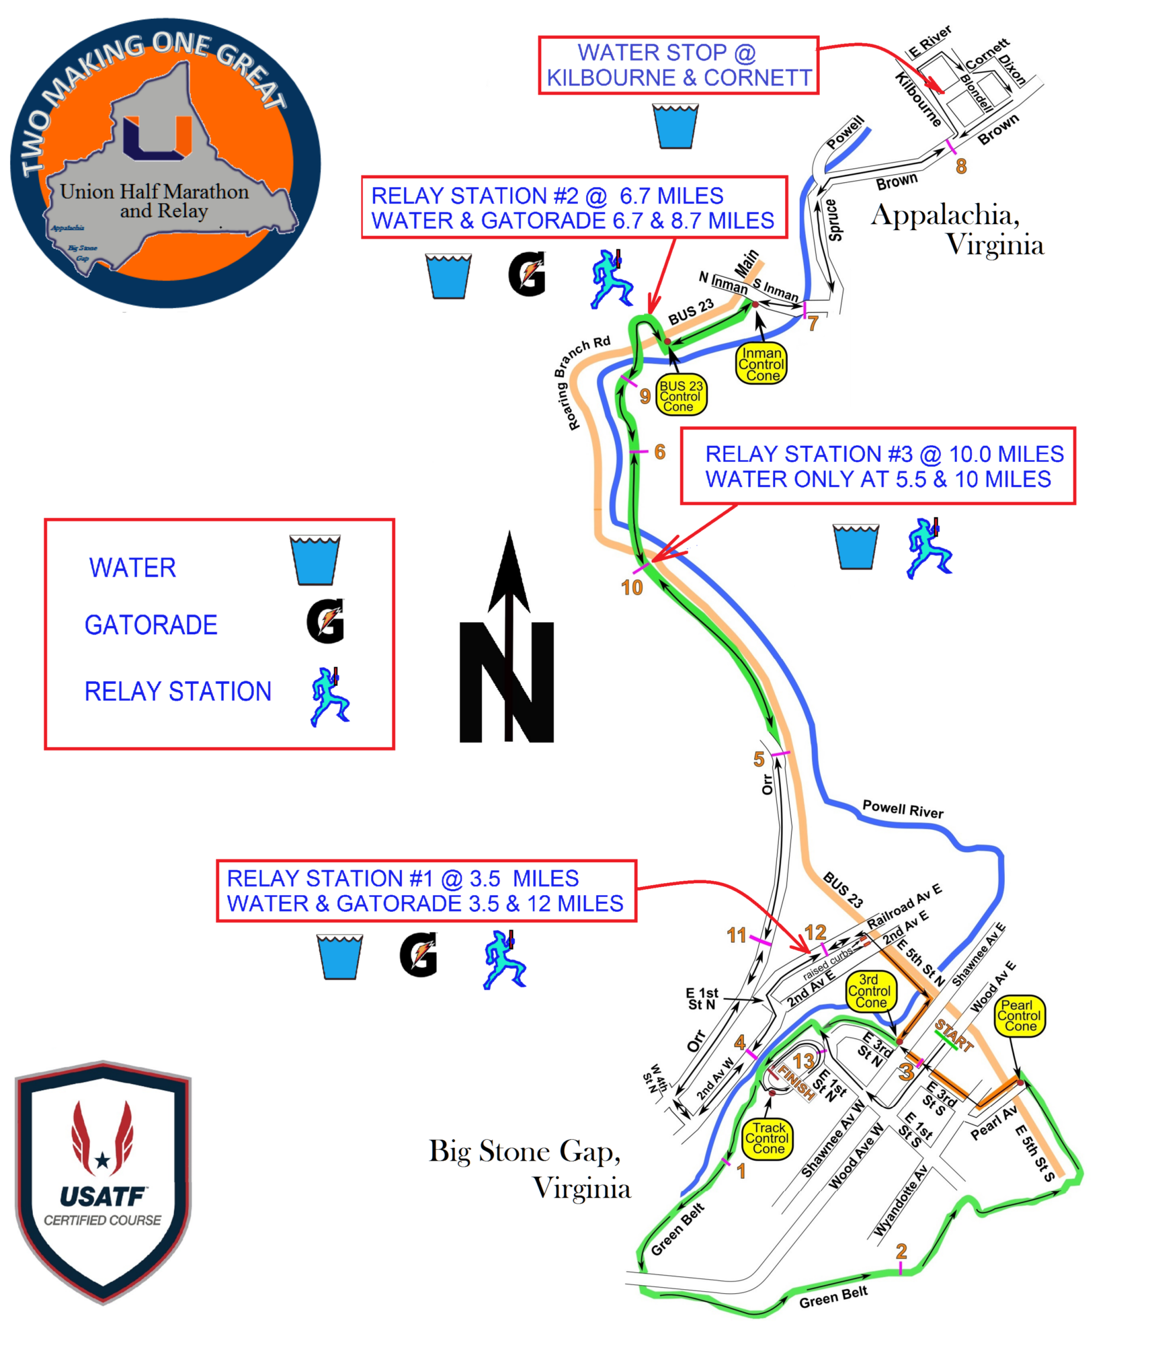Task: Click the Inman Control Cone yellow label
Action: (761, 364)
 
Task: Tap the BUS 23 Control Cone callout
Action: (681, 395)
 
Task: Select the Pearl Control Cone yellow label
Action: (1019, 1015)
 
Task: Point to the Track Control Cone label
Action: (768, 1138)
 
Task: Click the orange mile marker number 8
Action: (961, 165)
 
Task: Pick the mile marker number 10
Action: (632, 588)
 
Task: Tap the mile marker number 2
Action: (901, 1251)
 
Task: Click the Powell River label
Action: (903, 809)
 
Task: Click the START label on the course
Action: (954, 1035)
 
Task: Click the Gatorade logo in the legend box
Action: (326, 621)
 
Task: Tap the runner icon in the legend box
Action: (329, 697)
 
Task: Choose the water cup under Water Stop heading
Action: (675, 126)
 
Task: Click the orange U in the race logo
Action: (157, 138)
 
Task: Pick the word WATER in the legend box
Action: (132, 568)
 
